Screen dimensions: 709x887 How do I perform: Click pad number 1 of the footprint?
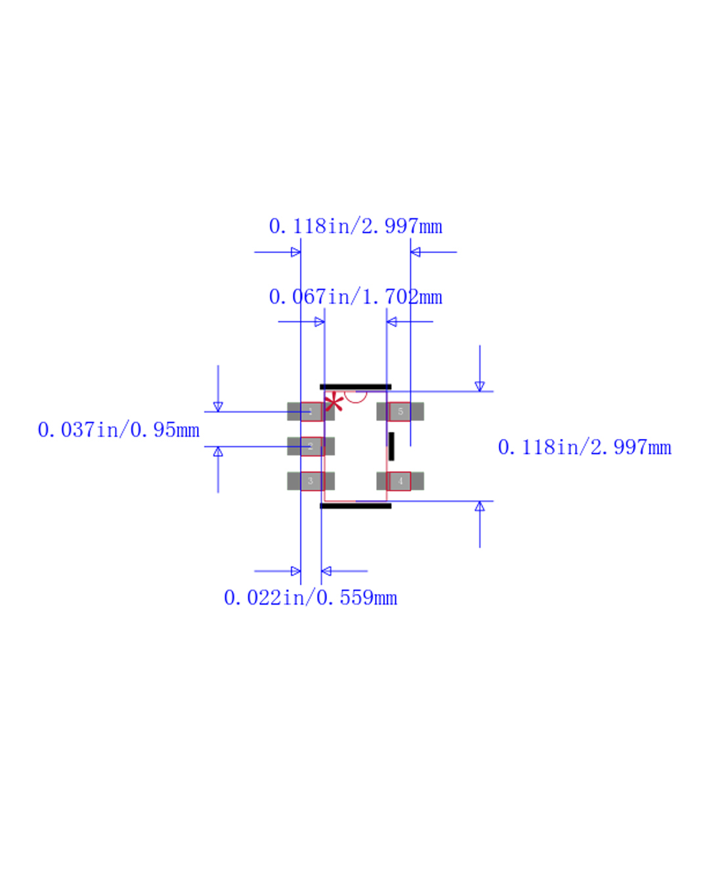pyautogui.click(x=311, y=411)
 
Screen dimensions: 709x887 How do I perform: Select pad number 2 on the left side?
pyautogui.click(x=311, y=446)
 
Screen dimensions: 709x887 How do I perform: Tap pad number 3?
pyautogui.click(x=311, y=481)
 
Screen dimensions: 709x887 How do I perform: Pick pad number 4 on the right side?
pyautogui.click(x=400, y=481)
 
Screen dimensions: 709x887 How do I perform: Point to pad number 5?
pyautogui.click(x=400, y=411)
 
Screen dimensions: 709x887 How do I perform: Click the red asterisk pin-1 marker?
pyautogui.click(x=334, y=402)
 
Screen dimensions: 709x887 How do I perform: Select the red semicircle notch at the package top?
pyautogui.click(x=356, y=396)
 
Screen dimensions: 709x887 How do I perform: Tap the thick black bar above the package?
pyautogui.click(x=355, y=387)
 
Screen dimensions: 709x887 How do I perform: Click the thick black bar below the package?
pyautogui.click(x=355, y=506)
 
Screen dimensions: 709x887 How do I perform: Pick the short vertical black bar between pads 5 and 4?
pyautogui.click(x=391, y=446)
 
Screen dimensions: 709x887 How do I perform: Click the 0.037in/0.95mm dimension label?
pyautogui.click(x=119, y=430)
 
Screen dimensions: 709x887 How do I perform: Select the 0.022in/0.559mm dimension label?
pyautogui.click(x=311, y=598)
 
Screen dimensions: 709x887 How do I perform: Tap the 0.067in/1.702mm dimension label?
pyautogui.click(x=355, y=297)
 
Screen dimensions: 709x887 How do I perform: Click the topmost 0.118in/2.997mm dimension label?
pyautogui.click(x=355, y=226)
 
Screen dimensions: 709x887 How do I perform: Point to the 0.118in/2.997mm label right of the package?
pyautogui.click(x=584, y=447)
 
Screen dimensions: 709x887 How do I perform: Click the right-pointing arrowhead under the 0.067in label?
pyautogui.click(x=320, y=322)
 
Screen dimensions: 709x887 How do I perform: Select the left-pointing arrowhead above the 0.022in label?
pyautogui.click(x=326, y=571)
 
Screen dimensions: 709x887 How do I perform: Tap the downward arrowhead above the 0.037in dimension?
pyautogui.click(x=218, y=407)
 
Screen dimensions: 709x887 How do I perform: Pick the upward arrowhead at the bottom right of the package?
pyautogui.click(x=480, y=507)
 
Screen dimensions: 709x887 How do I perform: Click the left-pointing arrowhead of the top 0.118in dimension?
pyautogui.click(x=416, y=252)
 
